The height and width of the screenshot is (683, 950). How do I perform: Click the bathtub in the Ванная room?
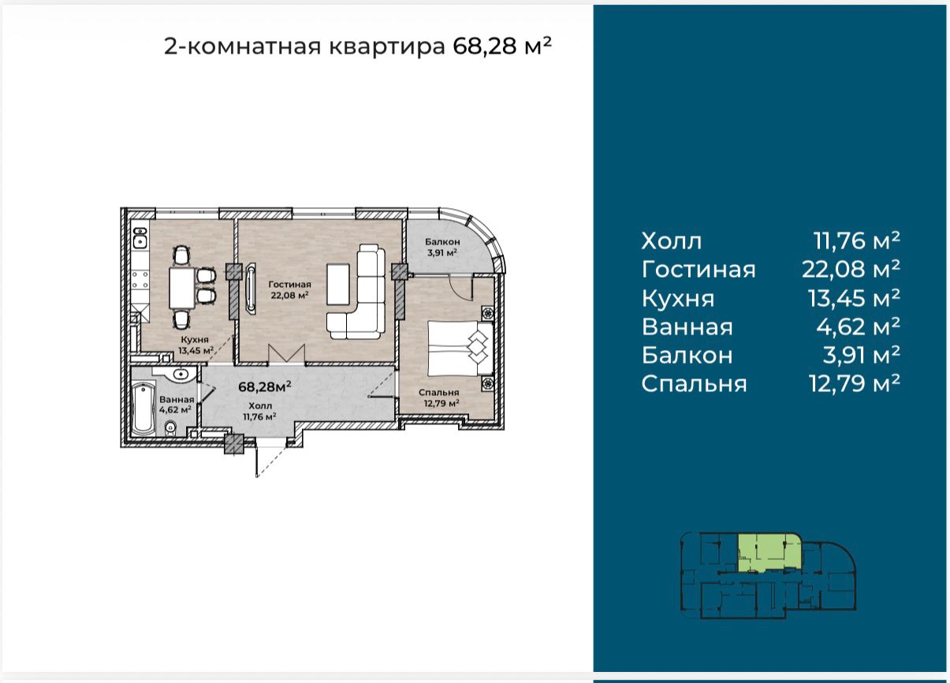(x=143, y=409)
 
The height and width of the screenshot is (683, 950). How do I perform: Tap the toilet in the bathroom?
(x=170, y=428)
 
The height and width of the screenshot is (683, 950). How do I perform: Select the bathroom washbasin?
(x=180, y=375)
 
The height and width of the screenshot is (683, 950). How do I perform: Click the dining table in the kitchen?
(x=182, y=287)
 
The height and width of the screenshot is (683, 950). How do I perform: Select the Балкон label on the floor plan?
(x=442, y=242)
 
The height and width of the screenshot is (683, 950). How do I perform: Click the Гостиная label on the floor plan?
(x=289, y=284)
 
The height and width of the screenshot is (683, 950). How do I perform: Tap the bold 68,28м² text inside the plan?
(x=265, y=386)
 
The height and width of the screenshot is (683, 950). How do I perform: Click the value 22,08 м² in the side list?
(x=851, y=268)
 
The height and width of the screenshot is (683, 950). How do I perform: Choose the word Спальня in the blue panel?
(x=694, y=384)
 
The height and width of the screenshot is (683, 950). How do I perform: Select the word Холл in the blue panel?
(x=672, y=241)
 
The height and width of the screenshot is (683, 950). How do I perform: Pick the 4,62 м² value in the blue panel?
(x=858, y=327)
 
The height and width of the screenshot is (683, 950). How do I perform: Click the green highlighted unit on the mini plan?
(x=769, y=553)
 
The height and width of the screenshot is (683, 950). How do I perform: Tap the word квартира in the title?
(x=387, y=47)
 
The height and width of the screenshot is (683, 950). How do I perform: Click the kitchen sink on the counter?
(x=140, y=238)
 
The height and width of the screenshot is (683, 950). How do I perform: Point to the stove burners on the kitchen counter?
(x=140, y=281)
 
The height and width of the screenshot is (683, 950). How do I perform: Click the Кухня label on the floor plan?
(x=195, y=340)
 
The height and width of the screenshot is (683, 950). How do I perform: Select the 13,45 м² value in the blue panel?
(x=854, y=298)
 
